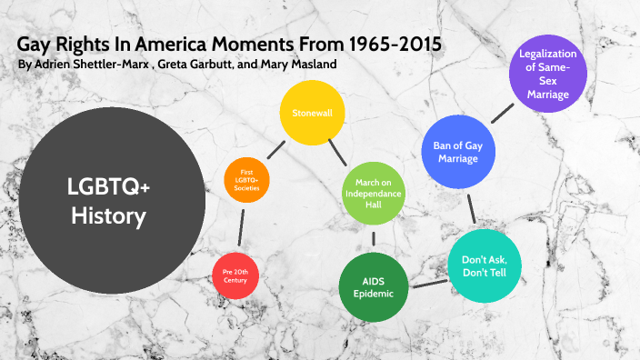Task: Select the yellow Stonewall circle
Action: [x=312, y=114]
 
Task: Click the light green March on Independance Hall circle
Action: [x=371, y=193]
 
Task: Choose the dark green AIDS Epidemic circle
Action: [x=374, y=286]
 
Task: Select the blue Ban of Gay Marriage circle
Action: [x=458, y=150]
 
